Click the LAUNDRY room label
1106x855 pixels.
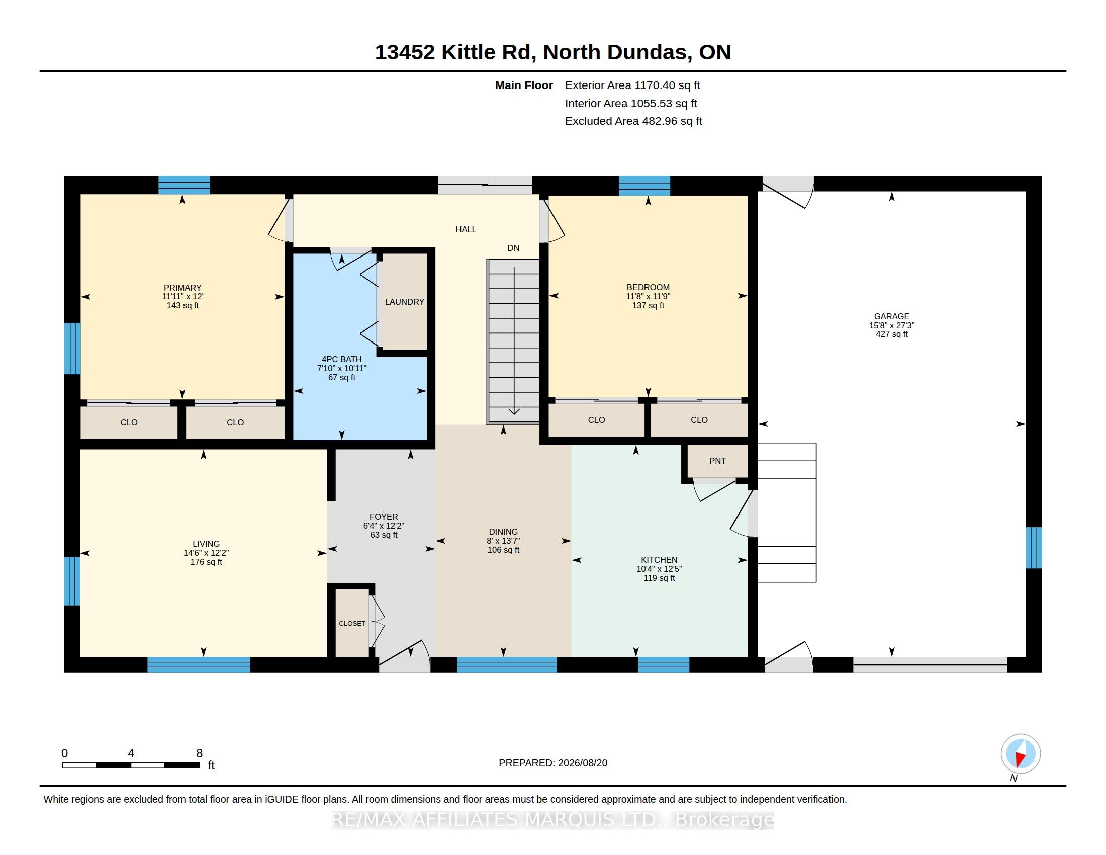pos(404,302)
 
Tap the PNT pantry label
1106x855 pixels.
pos(717,461)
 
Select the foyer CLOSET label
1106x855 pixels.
pos(352,624)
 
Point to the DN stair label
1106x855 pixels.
pos(513,248)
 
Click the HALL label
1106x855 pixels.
pos(466,229)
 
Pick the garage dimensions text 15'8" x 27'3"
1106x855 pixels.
pos(892,326)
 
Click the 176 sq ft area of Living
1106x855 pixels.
pos(206,562)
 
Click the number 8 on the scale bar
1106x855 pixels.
pos(199,753)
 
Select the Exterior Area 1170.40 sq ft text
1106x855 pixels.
pos(632,85)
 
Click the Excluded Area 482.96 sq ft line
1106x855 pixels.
pos(633,121)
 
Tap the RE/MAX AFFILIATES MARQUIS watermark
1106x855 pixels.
pos(553,820)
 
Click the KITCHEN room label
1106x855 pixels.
pos(659,560)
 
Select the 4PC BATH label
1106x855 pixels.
pos(342,359)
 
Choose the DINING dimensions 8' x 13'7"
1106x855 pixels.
pos(503,541)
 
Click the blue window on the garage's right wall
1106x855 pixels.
pos(1034,548)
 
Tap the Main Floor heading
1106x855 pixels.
pos(524,85)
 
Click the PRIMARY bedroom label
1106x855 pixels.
pos(182,288)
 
